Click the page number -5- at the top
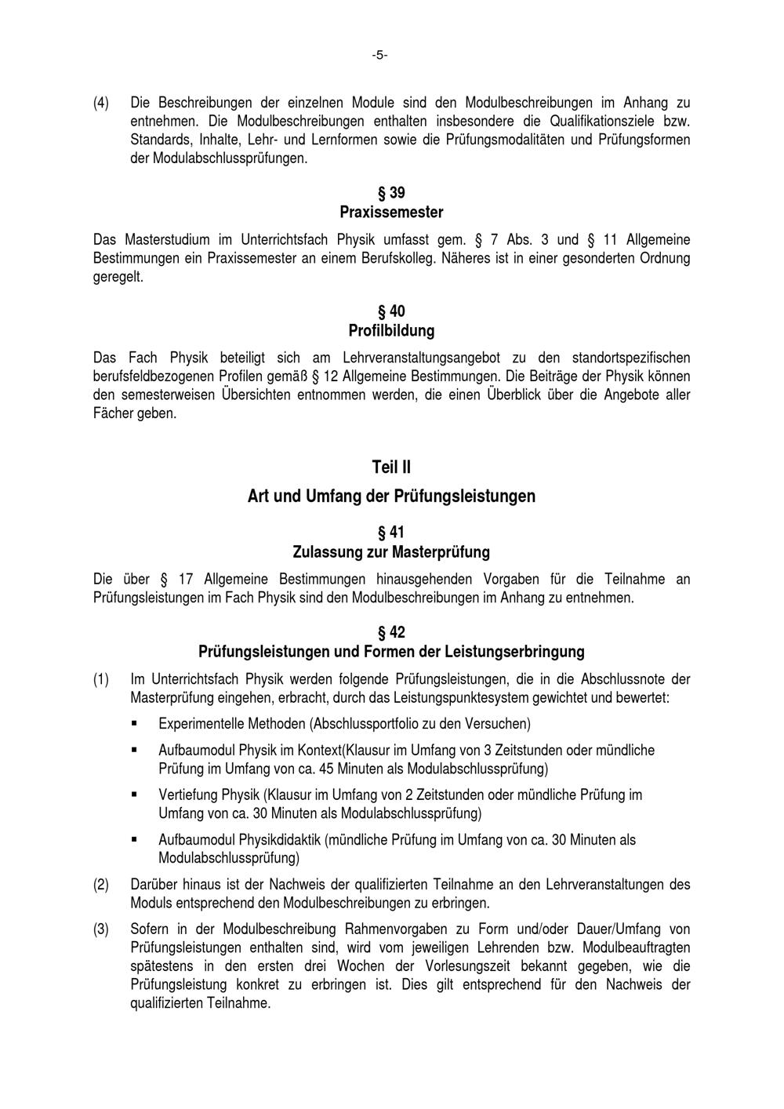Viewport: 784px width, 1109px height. coord(379,55)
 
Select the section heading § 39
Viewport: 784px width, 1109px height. coord(391,193)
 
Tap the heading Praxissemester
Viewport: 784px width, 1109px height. coord(391,213)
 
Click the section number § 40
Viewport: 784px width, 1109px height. coord(391,311)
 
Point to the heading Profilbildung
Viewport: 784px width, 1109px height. coord(391,331)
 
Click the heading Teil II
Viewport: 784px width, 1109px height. coord(391,467)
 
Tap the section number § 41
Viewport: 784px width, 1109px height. coord(391,533)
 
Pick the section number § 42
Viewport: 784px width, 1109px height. coord(391,632)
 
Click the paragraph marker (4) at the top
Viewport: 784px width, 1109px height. coord(101,103)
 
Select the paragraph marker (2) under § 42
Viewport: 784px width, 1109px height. coord(101,884)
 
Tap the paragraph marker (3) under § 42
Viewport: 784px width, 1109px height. coord(101,929)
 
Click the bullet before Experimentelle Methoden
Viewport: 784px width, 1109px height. coord(135,722)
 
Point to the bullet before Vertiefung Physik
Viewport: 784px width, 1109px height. coord(135,794)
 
